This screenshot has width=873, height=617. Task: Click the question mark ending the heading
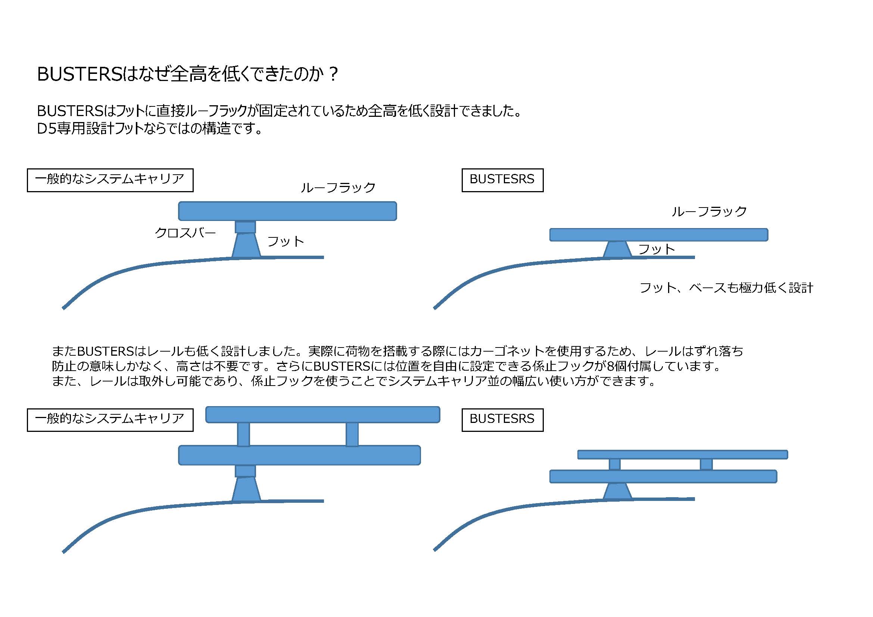pos(333,74)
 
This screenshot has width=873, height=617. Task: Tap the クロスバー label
pos(185,233)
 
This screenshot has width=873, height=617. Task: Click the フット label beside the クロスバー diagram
pos(286,241)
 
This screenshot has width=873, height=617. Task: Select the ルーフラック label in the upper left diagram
pos(338,187)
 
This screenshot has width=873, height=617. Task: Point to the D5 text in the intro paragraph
pos(46,128)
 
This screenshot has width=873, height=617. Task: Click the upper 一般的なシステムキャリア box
pos(110,180)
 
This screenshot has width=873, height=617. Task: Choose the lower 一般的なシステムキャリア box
pos(110,420)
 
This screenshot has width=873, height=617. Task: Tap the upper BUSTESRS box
pos(502,180)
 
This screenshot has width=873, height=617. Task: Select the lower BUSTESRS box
pos(502,420)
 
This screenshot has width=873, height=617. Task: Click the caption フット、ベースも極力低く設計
pos(726,288)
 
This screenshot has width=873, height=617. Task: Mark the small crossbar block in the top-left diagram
pos(245,227)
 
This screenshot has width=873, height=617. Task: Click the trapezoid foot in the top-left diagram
pos(246,246)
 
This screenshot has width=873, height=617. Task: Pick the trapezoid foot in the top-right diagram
pos(617,249)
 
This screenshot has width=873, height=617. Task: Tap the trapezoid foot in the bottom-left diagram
pos(246,490)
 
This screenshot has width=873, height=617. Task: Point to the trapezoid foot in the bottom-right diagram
pos(617,491)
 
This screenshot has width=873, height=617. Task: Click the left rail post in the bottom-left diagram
pos(243,434)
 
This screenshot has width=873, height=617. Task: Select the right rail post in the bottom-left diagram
pos(352,434)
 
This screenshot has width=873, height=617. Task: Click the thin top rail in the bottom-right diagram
pos(683,454)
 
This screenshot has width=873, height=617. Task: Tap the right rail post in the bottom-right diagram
pos(706,464)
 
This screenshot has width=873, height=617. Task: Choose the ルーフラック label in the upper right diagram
pos(709,211)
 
